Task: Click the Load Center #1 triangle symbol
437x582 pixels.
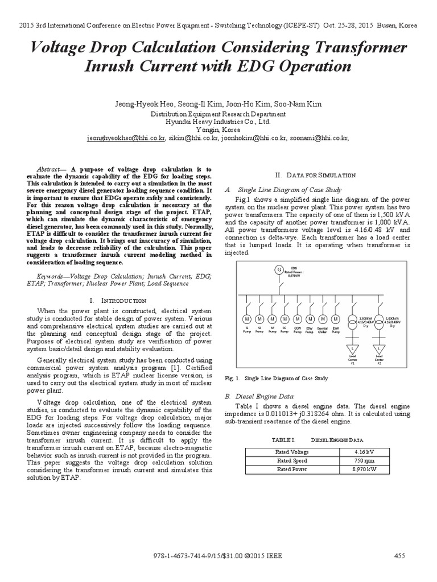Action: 352,347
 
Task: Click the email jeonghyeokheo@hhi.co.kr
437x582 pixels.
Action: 126,138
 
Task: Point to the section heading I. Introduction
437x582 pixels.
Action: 118,300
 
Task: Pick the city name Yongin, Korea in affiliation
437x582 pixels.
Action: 218,129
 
